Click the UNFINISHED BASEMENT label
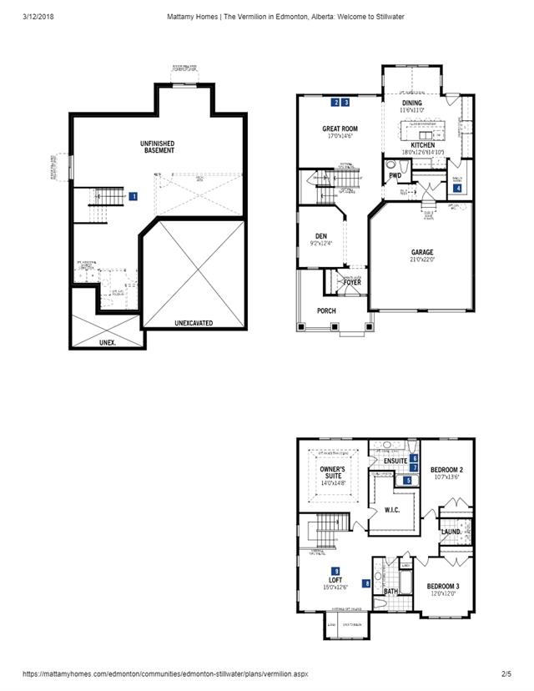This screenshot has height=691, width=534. (157, 148)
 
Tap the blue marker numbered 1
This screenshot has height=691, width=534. (133, 196)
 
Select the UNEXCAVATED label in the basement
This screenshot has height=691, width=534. (194, 322)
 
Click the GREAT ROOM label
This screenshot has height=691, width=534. (340, 129)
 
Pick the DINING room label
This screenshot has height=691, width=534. (412, 103)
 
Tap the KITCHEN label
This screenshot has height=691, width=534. (422, 145)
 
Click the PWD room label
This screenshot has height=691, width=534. (395, 176)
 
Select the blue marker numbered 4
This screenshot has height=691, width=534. (457, 189)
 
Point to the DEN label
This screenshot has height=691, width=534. (320, 236)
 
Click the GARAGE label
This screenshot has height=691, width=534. (422, 252)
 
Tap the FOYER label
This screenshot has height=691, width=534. (352, 283)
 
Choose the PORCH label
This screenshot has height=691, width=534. (327, 312)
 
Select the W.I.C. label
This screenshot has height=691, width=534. (394, 511)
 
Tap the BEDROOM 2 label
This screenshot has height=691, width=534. (446, 470)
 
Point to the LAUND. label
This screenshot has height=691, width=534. (451, 531)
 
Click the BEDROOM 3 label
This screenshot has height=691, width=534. (443, 586)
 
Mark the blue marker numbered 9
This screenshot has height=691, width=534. (335, 569)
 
